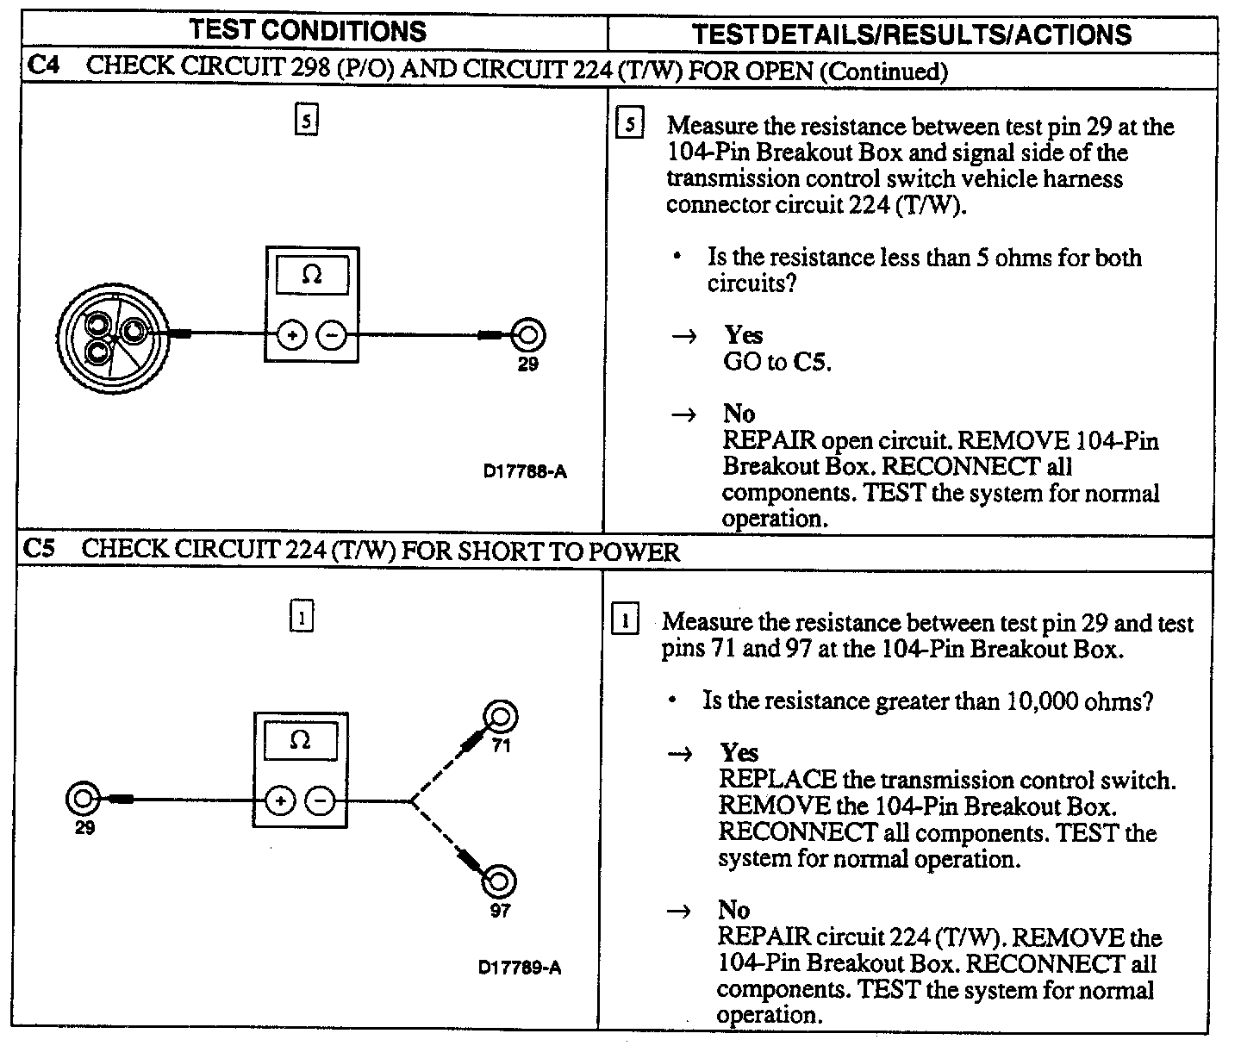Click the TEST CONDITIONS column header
pyautogui.click(x=308, y=31)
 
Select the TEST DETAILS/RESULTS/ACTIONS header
pyautogui.click(x=912, y=34)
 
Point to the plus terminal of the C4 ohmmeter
pyautogui.click(x=292, y=335)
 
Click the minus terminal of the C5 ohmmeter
pyautogui.click(x=320, y=802)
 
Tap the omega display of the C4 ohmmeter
pyautogui.click(x=312, y=276)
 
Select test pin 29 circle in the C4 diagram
pyautogui.click(x=527, y=335)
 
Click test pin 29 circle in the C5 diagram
pyautogui.click(x=83, y=799)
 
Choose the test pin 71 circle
pyautogui.click(x=501, y=717)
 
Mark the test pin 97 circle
pyautogui.click(x=499, y=881)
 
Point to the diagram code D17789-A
pyautogui.click(x=520, y=967)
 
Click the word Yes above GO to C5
pyautogui.click(x=743, y=334)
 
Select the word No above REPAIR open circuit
pyautogui.click(x=739, y=414)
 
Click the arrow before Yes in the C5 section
pyautogui.click(x=681, y=754)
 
